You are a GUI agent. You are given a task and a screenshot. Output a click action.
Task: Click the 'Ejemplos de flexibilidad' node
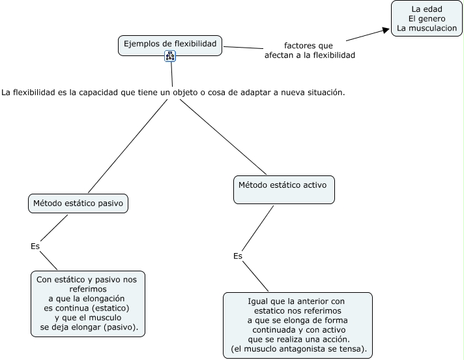coord(171,44)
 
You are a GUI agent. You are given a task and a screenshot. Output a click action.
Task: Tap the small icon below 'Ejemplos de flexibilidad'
coord(171,56)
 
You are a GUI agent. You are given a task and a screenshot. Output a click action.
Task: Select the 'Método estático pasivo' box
coord(78,203)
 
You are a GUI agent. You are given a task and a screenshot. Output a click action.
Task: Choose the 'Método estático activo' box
coord(284,189)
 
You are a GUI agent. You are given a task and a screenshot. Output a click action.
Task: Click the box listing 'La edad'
coord(427,18)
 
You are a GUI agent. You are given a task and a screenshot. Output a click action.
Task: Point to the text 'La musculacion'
coord(427,29)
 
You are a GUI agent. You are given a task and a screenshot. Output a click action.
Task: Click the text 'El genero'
coord(427,19)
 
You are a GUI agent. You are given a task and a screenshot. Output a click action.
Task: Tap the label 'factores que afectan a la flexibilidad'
coord(310,51)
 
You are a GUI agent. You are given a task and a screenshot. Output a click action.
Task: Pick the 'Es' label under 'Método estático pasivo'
coord(35,247)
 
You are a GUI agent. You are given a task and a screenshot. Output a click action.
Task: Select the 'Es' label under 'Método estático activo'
coord(238,256)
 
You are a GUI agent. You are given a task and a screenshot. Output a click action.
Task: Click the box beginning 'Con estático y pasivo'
coord(88,303)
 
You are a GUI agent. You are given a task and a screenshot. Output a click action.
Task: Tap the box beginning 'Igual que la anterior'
coord(298,325)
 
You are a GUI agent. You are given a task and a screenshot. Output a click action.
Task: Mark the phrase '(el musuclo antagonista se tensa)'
coord(298,350)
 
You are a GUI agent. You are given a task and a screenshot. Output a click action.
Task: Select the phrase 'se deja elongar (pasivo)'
coord(89,327)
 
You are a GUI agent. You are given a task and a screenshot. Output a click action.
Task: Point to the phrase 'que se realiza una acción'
coord(299,340)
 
